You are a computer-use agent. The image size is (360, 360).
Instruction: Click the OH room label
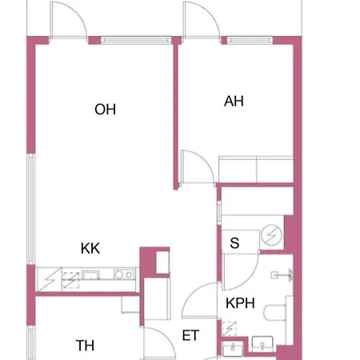click(x=105, y=110)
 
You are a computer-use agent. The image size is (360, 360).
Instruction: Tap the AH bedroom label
click(x=234, y=102)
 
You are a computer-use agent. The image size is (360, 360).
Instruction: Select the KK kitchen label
click(x=90, y=248)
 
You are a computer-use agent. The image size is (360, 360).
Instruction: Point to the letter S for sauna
click(x=234, y=243)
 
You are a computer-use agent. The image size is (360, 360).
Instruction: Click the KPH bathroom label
click(x=240, y=303)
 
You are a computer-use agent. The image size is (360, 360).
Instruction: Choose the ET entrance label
click(x=190, y=335)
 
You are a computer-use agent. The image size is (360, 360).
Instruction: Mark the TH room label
click(x=85, y=346)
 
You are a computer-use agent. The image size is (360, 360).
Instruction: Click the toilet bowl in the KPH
click(x=274, y=313)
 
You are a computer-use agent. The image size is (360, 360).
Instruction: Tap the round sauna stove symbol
click(x=271, y=235)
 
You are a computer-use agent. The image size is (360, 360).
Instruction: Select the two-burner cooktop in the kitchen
click(x=124, y=274)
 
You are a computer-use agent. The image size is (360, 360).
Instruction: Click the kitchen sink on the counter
click(x=90, y=274)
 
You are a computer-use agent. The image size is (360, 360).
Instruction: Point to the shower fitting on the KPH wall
click(x=282, y=274)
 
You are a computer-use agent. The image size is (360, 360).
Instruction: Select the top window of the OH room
click(x=136, y=40)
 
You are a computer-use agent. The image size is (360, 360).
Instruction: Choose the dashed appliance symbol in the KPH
click(x=230, y=329)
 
